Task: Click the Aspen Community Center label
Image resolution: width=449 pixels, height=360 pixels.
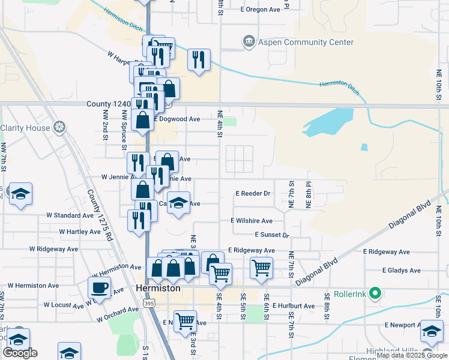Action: (307, 42)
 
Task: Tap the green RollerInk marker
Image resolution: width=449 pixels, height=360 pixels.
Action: (376, 293)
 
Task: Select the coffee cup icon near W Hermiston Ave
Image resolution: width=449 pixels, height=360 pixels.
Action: (99, 287)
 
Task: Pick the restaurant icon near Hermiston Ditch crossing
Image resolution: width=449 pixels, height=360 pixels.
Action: (199, 59)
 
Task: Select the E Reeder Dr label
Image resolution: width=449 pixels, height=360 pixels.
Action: (254, 194)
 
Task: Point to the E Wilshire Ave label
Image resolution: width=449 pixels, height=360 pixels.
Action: (252, 221)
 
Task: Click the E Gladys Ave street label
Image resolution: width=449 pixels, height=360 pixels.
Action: (401, 271)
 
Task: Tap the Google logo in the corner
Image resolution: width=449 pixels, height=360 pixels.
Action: (19, 353)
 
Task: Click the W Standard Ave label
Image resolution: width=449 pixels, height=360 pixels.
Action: (70, 215)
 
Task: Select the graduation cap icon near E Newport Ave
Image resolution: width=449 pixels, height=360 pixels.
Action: (432, 330)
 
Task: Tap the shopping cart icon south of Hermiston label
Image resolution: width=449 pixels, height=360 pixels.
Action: (185, 321)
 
